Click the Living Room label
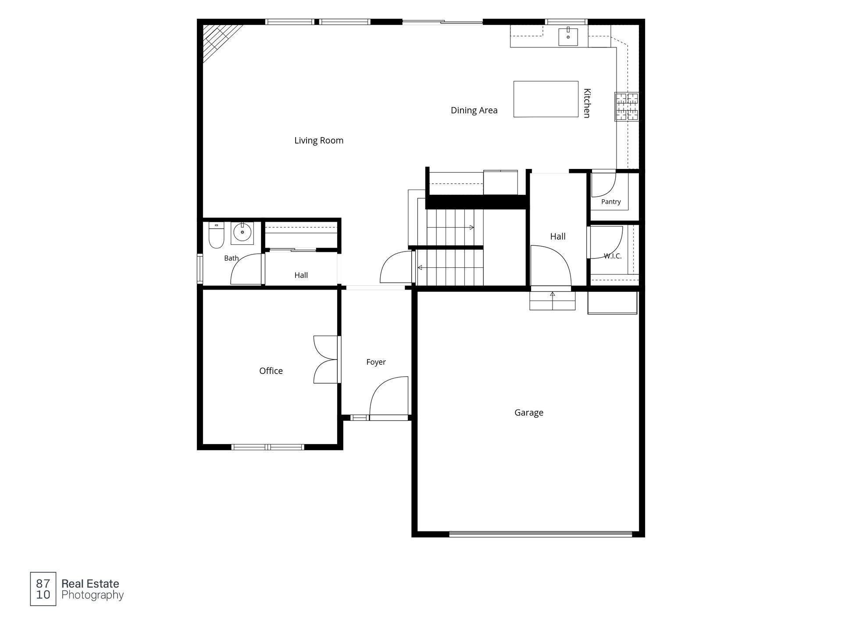click(319, 140)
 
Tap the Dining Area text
click(474, 110)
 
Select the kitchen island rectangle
click(546, 99)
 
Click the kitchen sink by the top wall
click(568, 36)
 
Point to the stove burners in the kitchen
click(627, 107)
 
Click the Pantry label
click(611, 202)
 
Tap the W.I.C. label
click(613, 256)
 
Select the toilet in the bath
click(217, 235)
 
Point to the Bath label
click(232, 258)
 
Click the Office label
click(271, 371)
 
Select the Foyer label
click(376, 362)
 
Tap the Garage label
click(529, 413)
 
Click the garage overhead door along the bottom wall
click(541, 534)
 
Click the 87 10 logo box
click(43, 589)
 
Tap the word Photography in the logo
click(93, 595)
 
